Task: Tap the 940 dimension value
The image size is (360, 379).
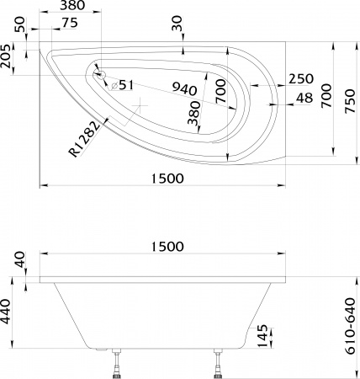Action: (184, 88)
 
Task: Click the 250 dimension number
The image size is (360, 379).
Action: (300, 78)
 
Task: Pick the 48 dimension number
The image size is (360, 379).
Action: (305, 99)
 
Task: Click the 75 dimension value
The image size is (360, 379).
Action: (71, 22)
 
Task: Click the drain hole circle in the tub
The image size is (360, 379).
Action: (99, 72)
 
